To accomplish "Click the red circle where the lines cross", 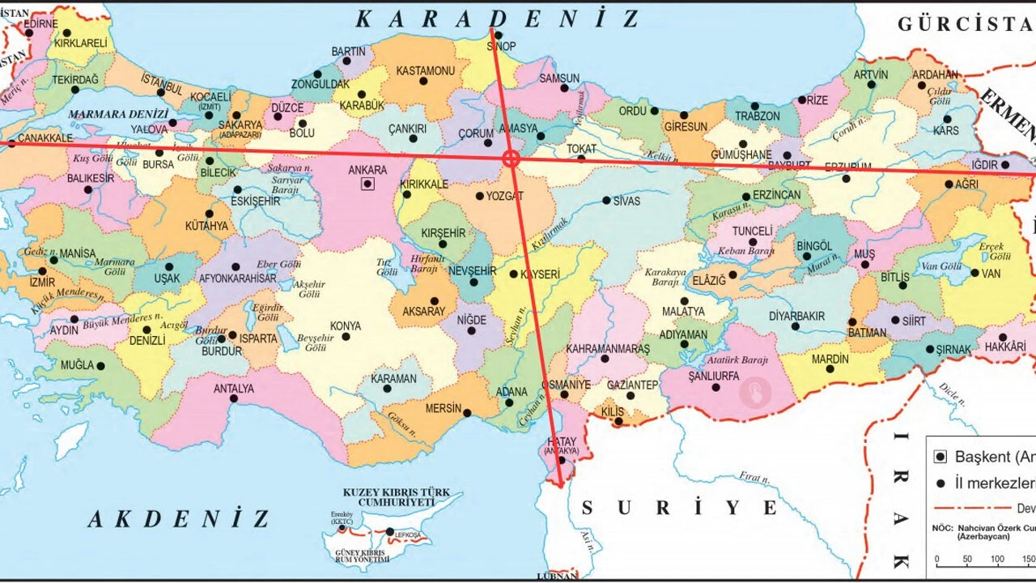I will (x=511, y=158).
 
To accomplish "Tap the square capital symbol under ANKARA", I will (x=367, y=184).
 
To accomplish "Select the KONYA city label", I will (x=346, y=326).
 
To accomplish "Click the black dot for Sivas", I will (x=606, y=200).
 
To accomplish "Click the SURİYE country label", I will (x=679, y=508).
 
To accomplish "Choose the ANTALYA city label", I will (x=234, y=389).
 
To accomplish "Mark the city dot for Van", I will (x=974, y=274).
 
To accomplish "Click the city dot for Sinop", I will (x=498, y=35).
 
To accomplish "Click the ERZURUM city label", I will (x=847, y=167).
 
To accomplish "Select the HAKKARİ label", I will (x=1004, y=347).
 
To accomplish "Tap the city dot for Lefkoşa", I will (x=389, y=532).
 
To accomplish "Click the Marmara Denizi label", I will (x=118, y=115).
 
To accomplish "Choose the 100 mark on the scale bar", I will (x=997, y=560).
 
